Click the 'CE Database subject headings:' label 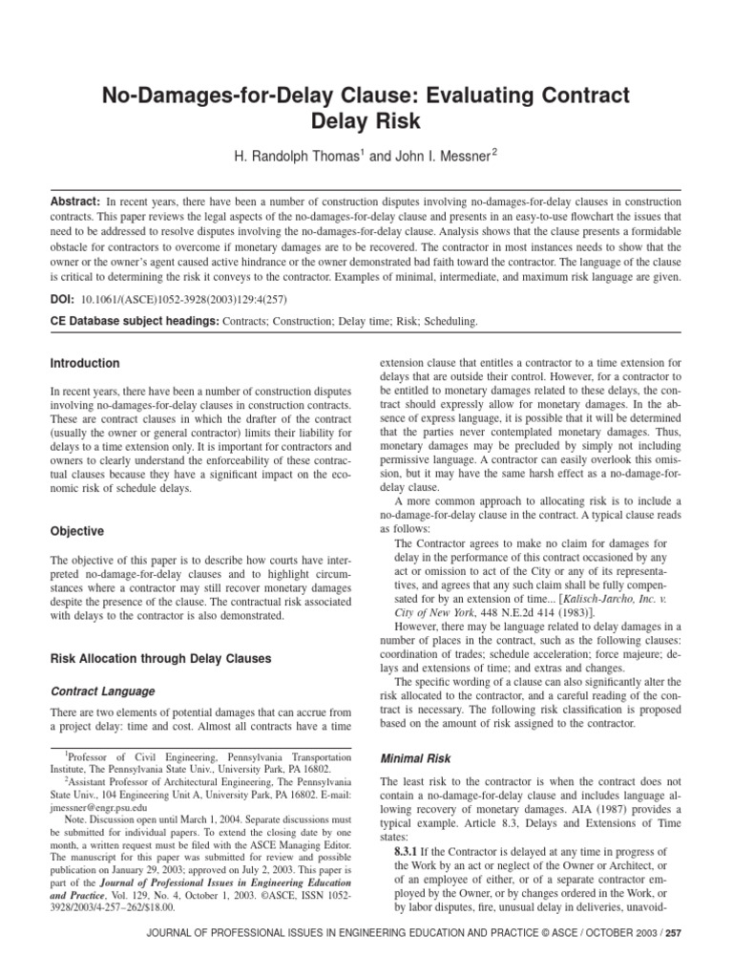point(135,322)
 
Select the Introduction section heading point(85,364)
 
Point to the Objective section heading point(77,531)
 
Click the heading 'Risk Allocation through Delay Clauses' point(159,658)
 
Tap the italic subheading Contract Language point(102,691)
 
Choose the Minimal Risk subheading point(417,757)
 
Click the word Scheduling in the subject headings point(447,322)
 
